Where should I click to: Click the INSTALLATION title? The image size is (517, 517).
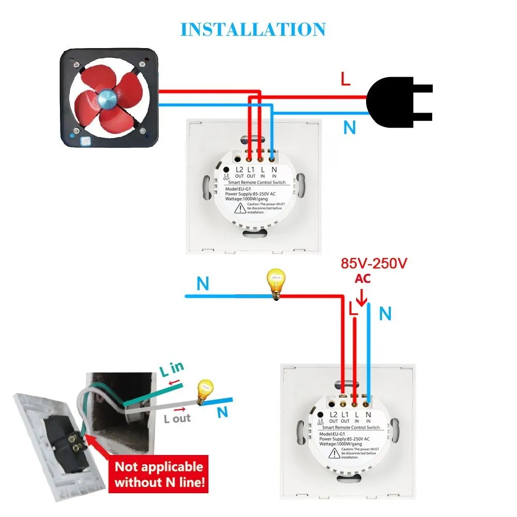coord(253,29)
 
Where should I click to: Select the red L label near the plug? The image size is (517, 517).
coord(345,79)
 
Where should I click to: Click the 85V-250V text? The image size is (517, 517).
coord(374,263)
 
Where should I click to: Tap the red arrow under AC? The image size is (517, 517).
coord(361,297)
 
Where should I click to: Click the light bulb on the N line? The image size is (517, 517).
coord(277,283)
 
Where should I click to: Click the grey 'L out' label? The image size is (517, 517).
coord(177,418)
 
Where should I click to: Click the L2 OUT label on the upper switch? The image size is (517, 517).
coord(239,172)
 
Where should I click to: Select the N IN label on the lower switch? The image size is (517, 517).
coord(369,417)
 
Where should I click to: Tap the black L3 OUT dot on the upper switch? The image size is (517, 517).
coord(226,169)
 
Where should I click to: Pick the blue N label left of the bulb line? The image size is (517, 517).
coord(203,284)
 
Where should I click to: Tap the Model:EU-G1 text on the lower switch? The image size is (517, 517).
coord(335,434)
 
